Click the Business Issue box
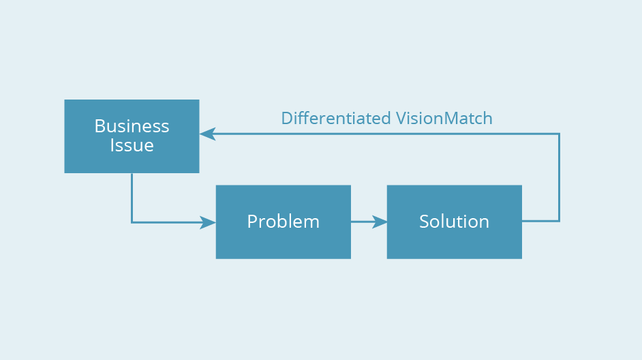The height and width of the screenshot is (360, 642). tap(132, 136)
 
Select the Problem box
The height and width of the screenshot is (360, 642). tap(284, 222)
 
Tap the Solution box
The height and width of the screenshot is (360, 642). tap(455, 222)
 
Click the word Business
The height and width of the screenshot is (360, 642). tap(132, 126)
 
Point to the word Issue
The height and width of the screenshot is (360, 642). tap(132, 145)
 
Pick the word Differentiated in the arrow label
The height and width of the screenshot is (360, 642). tap(336, 119)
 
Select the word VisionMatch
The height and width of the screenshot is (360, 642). tap(444, 119)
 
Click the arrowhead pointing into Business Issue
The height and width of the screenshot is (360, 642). tap(207, 134)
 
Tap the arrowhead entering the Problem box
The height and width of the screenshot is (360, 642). tap(208, 222)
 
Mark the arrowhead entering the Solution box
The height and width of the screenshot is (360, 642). tap(380, 222)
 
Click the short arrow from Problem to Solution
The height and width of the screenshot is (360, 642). tap(369, 222)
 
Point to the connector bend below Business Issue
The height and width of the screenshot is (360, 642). tap(132, 222)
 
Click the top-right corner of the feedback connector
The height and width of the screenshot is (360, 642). tap(559, 134)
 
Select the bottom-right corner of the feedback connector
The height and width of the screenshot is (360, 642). tap(559, 221)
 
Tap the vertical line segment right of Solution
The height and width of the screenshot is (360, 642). tap(559, 177)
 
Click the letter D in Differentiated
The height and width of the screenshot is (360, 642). tap(287, 119)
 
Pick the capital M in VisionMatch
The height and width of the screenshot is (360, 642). tap(451, 119)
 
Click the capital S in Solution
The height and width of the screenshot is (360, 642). tap(424, 222)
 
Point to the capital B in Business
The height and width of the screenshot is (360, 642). tap(100, 126)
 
